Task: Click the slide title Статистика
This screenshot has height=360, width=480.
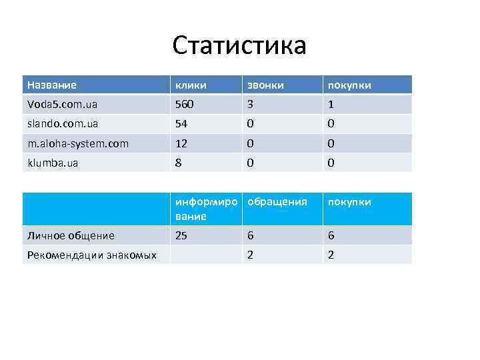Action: point(239,46)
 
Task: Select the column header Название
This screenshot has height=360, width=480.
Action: point(51,85)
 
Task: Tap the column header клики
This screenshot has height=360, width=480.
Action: point(191,85)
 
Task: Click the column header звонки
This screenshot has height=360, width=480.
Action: point(265,85)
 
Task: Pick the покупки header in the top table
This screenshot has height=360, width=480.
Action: point(348,85)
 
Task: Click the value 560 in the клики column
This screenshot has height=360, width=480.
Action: point(183,104)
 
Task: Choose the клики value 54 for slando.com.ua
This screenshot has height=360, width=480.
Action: point(181,123)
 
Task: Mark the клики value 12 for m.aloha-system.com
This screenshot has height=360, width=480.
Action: point(181,143)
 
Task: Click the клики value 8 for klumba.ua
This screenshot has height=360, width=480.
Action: point(178,163)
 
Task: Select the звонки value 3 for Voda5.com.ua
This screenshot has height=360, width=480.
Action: point(250,104)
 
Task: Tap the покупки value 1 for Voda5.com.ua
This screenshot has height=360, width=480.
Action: point(329,104)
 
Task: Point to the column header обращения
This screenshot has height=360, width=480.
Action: point(277,202)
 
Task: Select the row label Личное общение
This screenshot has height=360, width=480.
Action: point(71,235)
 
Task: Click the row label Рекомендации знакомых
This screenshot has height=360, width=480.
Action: point(91,255)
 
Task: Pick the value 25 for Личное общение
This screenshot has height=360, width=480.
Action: point(181,235)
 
